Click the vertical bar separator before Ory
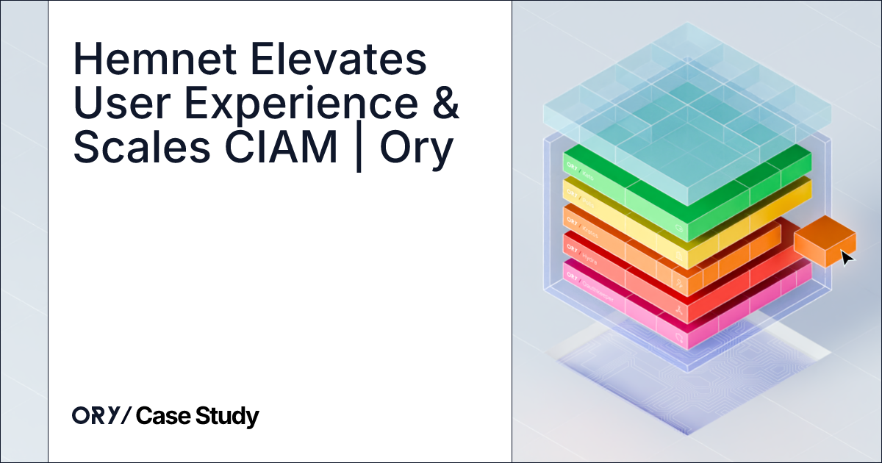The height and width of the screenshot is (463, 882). (x=359, y=151)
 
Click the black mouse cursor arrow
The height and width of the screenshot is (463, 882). (x=847, y=258)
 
